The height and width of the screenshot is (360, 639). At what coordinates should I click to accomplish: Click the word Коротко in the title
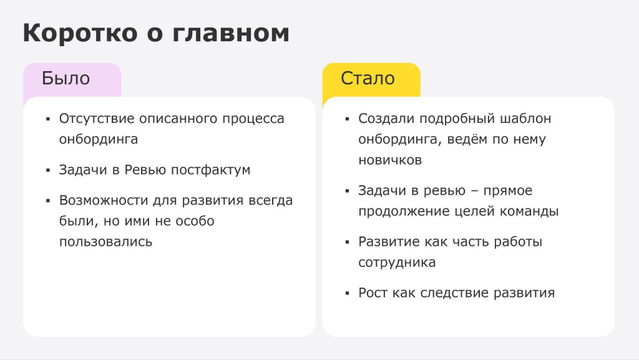(x=80, y=32)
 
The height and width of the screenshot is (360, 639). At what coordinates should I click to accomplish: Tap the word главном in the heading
(x=231, y=32)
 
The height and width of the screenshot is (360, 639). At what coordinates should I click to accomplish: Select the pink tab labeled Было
(x=72, y=79)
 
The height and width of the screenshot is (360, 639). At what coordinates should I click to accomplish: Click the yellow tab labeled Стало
(x=371, y=79)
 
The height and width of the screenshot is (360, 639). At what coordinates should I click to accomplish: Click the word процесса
(x=253, y=119)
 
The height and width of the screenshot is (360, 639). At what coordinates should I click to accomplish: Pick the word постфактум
(x=210, y=170)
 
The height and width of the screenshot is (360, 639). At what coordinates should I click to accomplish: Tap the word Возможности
(x=104, y=200)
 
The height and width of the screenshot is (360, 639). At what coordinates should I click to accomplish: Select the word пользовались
(x=105, y=241)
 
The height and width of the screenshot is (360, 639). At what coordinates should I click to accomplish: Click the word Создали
(x=386, y=119)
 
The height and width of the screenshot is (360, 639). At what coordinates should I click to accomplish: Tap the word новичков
(x=390, y=160)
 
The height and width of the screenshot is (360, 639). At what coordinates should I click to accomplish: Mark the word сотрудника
(x=397, y=262)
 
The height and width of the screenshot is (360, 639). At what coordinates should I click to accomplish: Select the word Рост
(x=373, y=293)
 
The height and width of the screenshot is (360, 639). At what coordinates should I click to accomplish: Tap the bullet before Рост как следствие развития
(x=347, y=293)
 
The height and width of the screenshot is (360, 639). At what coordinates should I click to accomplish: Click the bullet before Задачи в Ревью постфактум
(x=48, y=170)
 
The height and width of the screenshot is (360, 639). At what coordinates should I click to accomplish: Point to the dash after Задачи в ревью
(x=474, y=191)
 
